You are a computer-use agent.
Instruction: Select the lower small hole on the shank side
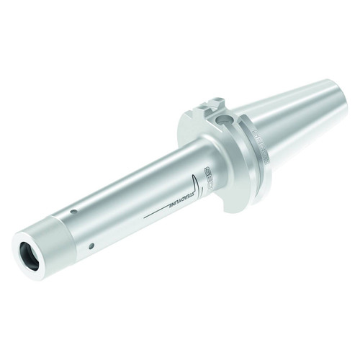coord(91,246)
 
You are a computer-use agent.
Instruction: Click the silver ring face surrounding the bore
coord(24,248)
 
